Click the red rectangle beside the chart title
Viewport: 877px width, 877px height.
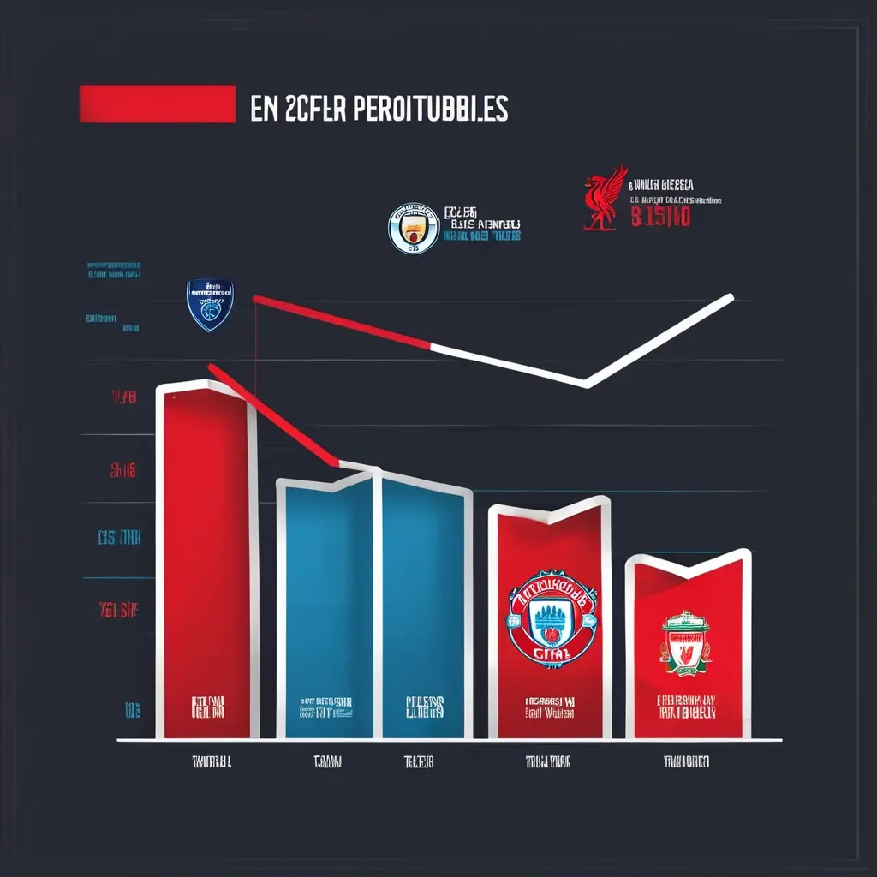pos(157,104)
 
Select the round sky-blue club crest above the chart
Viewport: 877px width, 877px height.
pos(413,229)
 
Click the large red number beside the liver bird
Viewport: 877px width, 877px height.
pos(659,216)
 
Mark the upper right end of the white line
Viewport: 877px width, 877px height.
pos(730,298)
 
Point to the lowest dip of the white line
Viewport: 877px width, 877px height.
pos(586,383)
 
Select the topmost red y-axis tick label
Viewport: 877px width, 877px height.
pos(123,397)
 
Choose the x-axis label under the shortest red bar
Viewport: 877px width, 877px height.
pos(685,761)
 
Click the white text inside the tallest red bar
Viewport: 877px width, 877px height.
pos(208,707)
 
